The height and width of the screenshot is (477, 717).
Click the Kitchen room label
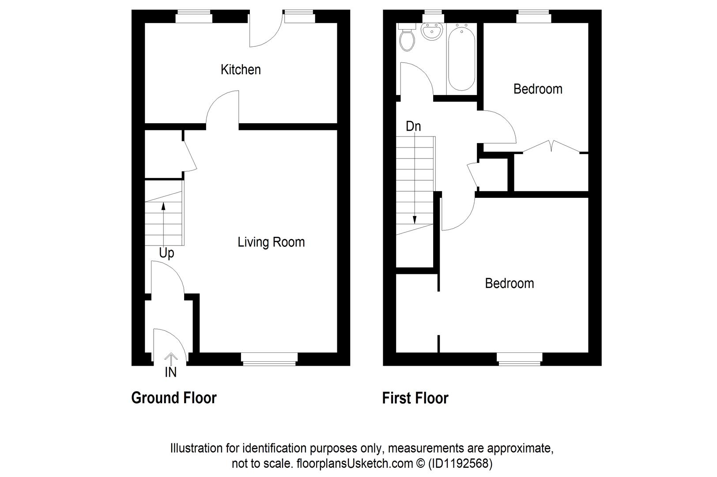pyautogui.click(x=241, y=70)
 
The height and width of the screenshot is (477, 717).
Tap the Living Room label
pyautogui.click(x=271, y=242)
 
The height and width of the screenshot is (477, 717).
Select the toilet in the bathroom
pyautogui.click(x=406, y=38)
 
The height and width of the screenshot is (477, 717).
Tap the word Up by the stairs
pyautogui.click(x=166, y=253)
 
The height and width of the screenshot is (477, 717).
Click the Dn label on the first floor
pyautogui.click(x=413, y=127)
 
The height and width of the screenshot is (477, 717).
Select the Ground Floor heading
pyautogui.click(x=174, y=398)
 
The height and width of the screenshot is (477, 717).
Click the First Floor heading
pyautogui.click(x=415, y=398)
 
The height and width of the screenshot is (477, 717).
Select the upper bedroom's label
pyautogui.click(x=538, y=89)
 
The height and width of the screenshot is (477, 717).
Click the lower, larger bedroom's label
pyautogui.click(x=509, y=284)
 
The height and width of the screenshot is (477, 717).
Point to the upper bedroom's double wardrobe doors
pyautogui.click(x=551, y=147)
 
